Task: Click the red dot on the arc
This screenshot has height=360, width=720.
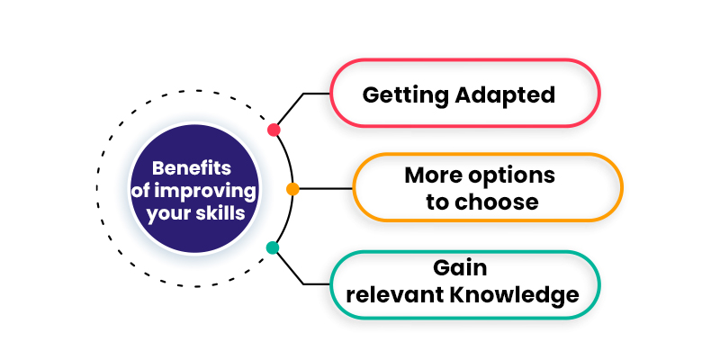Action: (x=274, y=130)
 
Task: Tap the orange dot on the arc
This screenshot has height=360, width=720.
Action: (x=292, y=189)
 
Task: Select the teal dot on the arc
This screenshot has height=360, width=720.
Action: (x=273, y=248)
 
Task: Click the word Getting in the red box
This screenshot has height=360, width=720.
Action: (x=406, y=95)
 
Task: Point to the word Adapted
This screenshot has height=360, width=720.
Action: (x=505, y=95)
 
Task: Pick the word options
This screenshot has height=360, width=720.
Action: (x=511, y=176)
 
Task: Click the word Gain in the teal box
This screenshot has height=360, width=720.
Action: (x=460, y=267)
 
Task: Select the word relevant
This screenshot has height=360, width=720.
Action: (x=394, y=295)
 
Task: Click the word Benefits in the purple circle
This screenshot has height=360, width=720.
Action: (x=192, y=168)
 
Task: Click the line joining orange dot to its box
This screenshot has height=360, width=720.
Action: (x=326, y=189)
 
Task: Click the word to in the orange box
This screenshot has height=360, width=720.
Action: (x=436, y=202)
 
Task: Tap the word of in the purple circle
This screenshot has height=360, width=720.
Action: (x=140, y=191)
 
